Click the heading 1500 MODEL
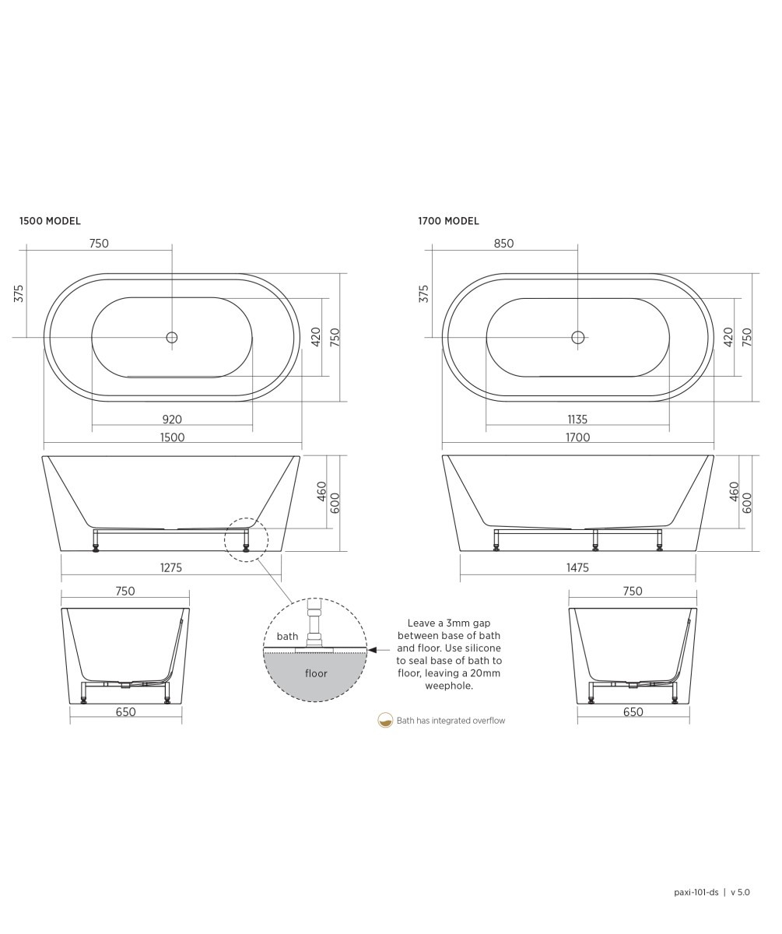point(50,221)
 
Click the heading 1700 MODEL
point(448,221)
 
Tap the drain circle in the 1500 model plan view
point(172,337)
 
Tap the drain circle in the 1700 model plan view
point(577,337)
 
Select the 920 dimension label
point(172,420)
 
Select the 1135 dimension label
point(577,420)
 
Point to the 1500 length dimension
point(172,437)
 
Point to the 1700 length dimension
point(577,437)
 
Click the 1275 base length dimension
point(171,567)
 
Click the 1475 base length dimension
point(577,567)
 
